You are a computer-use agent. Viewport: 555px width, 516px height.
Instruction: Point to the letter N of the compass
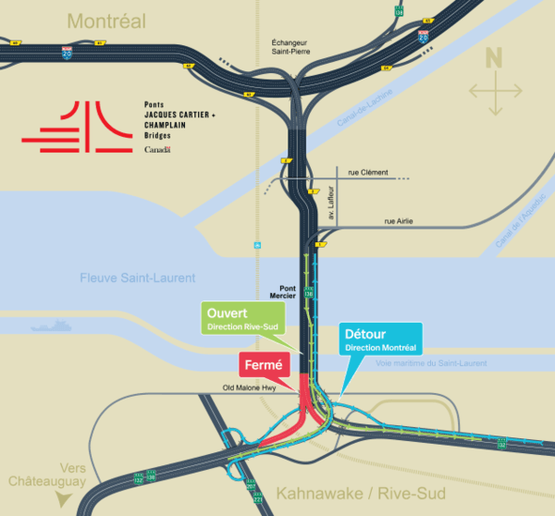point(494,58)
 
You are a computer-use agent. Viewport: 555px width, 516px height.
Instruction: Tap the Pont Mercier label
point(281,291)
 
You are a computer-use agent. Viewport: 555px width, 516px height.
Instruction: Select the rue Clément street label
point(368,172)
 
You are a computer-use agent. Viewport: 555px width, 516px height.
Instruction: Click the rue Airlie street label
point(403,222)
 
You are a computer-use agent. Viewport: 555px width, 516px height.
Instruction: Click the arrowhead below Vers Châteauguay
point(61,499)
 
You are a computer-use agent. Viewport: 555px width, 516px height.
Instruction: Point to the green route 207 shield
point(251,485)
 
